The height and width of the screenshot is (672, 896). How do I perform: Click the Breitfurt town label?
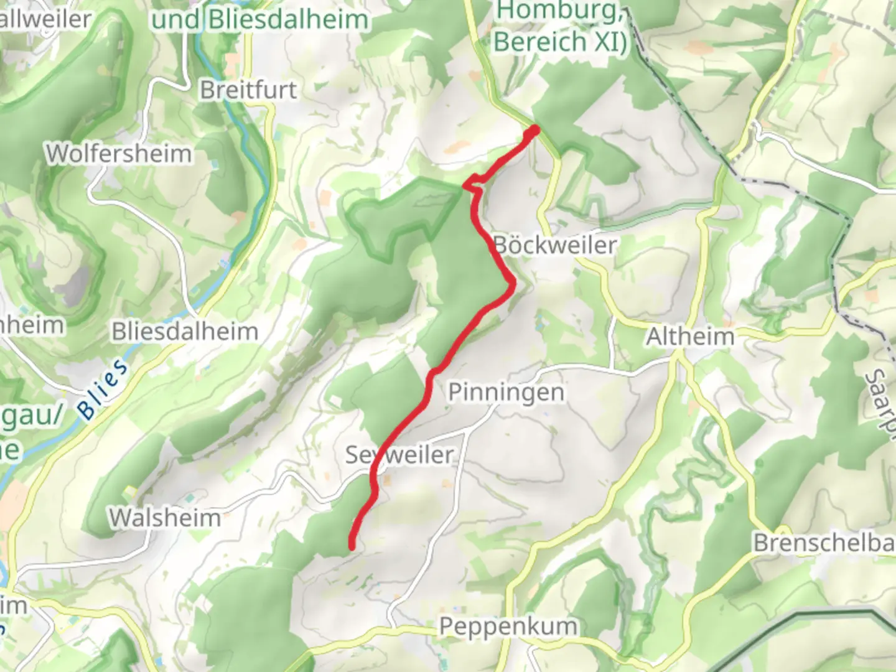point(248,90)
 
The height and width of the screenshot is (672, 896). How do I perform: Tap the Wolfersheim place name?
point(118,153)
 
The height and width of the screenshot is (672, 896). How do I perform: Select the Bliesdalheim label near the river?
point(185,332)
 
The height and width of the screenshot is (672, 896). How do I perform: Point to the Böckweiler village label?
point(554,245)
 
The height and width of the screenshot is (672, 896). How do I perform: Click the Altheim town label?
point(690,337)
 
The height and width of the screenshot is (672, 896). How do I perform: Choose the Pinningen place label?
point(506,393)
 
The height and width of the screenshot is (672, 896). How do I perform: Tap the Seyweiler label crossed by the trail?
point(399,455)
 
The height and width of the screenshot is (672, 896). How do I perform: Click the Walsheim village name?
point(165,518)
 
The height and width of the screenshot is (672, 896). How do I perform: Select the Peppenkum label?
point(508,626)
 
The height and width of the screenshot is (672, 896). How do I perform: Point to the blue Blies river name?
point(104,390)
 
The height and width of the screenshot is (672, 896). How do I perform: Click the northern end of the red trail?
point(534,129)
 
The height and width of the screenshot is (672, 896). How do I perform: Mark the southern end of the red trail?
point(352,547)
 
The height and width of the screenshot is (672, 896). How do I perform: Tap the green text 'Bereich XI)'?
point(559,42)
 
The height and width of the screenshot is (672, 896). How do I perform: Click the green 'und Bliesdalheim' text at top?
point(261,19)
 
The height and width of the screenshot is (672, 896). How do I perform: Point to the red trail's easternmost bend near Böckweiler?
point(513,284)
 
